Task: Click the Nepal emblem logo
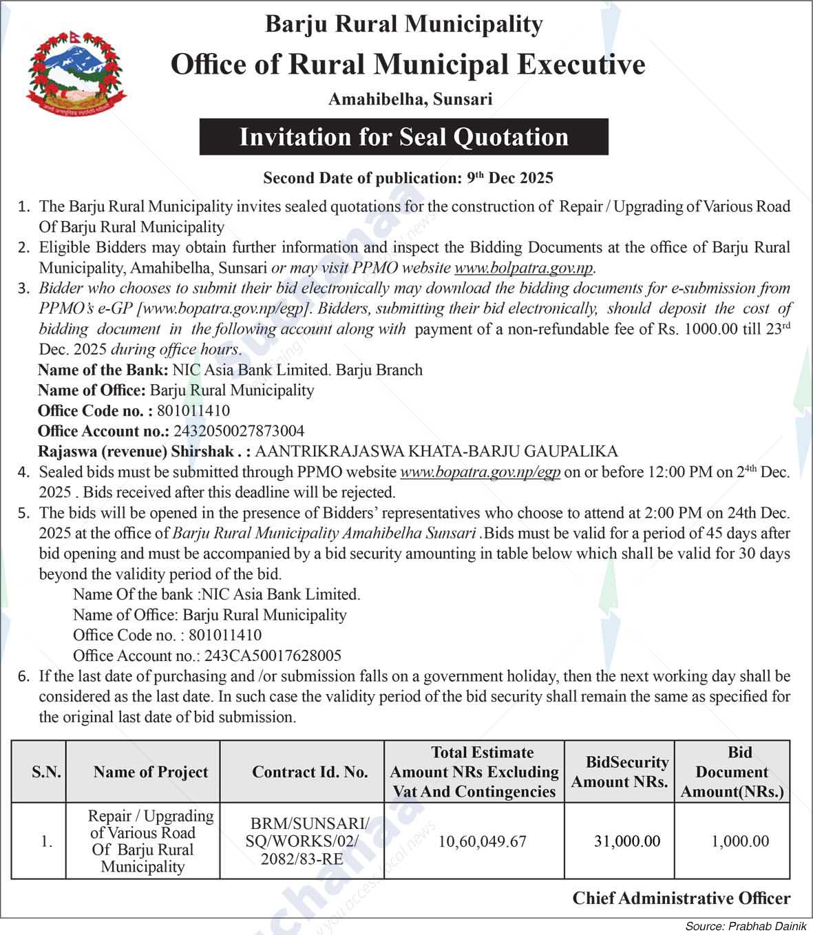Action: (77, 74)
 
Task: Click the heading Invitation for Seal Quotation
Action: (403, 137)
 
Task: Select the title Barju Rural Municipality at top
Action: (404, 24)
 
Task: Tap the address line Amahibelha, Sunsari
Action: (410, 99)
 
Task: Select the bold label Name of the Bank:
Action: (103, 370)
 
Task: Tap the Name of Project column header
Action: (151, 772)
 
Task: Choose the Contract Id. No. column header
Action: (310, 772)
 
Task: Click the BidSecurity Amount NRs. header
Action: (620, 772)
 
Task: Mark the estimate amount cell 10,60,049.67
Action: (482, 841)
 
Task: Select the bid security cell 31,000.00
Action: (626, 841)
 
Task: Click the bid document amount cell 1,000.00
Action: (740, 841)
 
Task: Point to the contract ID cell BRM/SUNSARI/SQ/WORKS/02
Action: (308, 841)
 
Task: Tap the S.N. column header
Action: (46, 772)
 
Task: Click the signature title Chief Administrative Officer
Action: (682, 899)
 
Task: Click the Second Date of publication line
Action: (408, 178)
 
